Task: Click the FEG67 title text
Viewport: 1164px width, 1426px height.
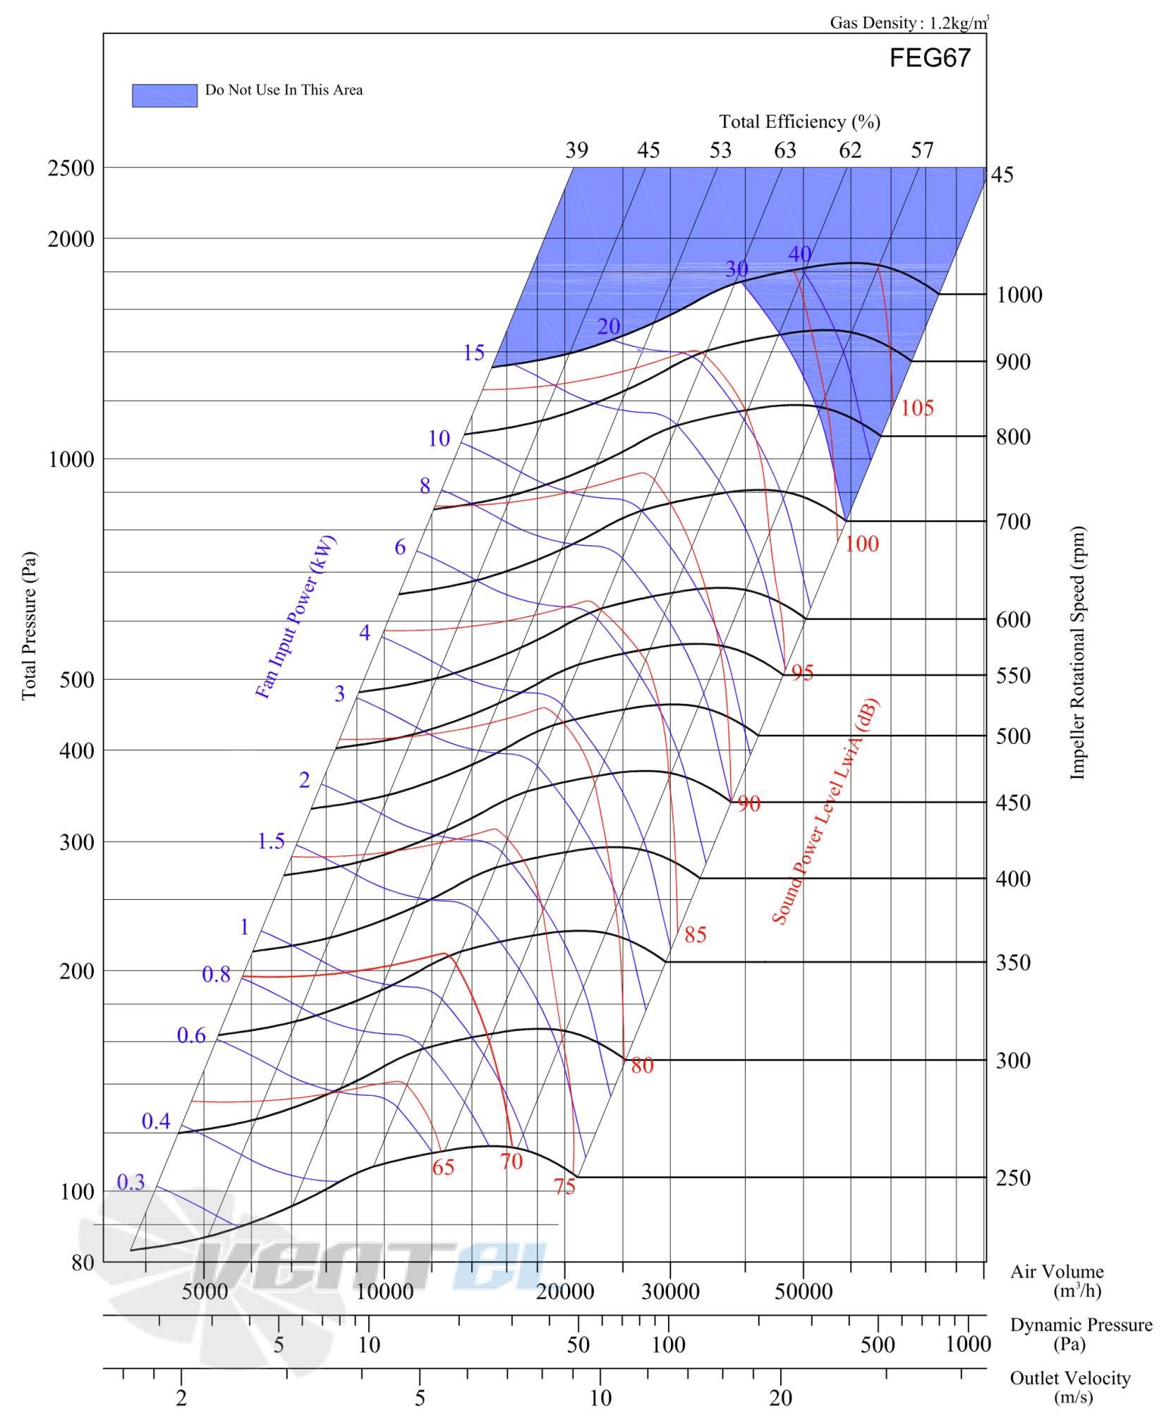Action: tap(930, 58)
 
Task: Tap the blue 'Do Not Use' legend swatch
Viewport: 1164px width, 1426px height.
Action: tap(164, 95)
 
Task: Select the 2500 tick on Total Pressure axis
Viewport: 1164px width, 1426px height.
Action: tap(71, 168)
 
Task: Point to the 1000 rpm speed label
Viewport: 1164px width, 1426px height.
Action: tap(1019, 295)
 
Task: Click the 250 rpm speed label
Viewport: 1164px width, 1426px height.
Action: tap(1013, 1178)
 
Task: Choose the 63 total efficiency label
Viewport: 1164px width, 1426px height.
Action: tap(785, 150)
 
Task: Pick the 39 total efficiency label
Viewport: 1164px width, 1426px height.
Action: tap(576, 150)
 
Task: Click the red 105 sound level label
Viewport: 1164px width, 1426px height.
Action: tap(917, 408)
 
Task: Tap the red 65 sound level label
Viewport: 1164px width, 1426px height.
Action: tap(443, 1167)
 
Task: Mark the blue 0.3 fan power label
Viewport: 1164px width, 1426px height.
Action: tap(131, 1182)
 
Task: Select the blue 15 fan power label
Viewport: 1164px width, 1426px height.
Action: tap(473, 353)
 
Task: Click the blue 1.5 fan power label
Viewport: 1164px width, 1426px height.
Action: tap(271, 841)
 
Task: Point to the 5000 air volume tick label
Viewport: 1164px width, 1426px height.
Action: tap(205, 1292)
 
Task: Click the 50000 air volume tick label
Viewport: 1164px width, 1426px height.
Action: tap(804, 1292)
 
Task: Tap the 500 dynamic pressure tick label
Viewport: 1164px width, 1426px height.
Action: tap(878, 1345)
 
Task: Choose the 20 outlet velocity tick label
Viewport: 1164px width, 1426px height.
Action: tap(781, 1398)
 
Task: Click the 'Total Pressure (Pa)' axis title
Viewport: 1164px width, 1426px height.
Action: tap(28, 626)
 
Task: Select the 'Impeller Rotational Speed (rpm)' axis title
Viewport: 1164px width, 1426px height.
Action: tap(1077, 652)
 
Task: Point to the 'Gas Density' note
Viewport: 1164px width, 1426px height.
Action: tap(909, 23)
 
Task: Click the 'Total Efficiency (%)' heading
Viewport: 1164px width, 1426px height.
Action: tap(799, 122)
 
